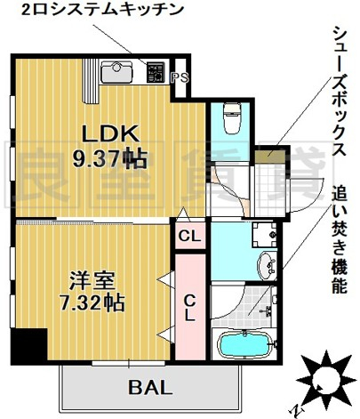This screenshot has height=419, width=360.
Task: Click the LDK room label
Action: click(111, 134)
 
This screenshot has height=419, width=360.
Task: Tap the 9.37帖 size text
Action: click(110, 158)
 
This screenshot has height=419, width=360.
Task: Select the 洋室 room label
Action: click(92, 281)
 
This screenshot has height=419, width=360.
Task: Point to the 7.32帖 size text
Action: click(92, 302)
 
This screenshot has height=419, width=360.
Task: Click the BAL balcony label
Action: click(150, 387)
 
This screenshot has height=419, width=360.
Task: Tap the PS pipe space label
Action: click(180, 77)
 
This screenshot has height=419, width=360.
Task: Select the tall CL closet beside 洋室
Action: click(190, 307)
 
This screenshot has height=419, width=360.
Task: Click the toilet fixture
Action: click(232, 118)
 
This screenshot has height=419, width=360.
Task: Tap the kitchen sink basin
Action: click(116, 72)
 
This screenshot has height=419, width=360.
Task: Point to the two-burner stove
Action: click(156, 72)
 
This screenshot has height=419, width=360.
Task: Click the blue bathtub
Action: click(244, 344)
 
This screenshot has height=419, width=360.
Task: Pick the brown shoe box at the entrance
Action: click(270, 156)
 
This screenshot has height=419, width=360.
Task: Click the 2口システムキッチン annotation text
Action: click(101, 10)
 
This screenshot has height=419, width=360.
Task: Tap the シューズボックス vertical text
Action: click(340, 91)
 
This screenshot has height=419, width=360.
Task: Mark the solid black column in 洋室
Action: click(29, 344)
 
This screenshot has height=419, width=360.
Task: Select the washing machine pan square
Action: click(264, 235)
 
